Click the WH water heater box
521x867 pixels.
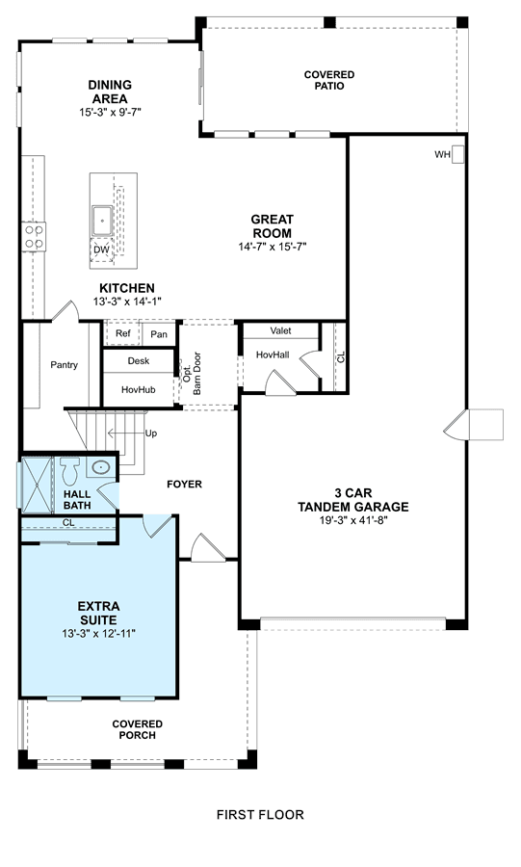tap(458, 155)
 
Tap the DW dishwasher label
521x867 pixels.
tap(101, 250)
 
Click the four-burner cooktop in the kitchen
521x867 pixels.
tap(34, 236)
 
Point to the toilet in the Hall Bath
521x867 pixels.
tap(70, 470)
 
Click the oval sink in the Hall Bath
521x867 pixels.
tap(100, 468)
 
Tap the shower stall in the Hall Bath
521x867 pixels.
tap(37, 485)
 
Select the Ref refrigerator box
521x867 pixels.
tap(122, 334)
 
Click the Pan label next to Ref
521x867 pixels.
tap(159, 334)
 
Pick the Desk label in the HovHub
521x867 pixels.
tap(138, 361)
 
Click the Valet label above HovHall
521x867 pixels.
tap(280, 330)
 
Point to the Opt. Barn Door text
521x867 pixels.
tap(193, 373)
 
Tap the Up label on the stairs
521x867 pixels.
tap(151, 433)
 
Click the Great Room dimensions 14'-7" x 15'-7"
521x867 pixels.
tap(273, 247)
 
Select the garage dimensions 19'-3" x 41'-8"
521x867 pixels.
tap(353, 520)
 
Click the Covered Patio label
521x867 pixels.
tap(329, 80)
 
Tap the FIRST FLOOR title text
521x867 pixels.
tap(260, 814)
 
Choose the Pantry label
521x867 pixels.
tap(65, 365)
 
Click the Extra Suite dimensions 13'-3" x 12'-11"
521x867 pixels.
tap(99, 634)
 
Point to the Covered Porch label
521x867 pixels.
tap(138, 730)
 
